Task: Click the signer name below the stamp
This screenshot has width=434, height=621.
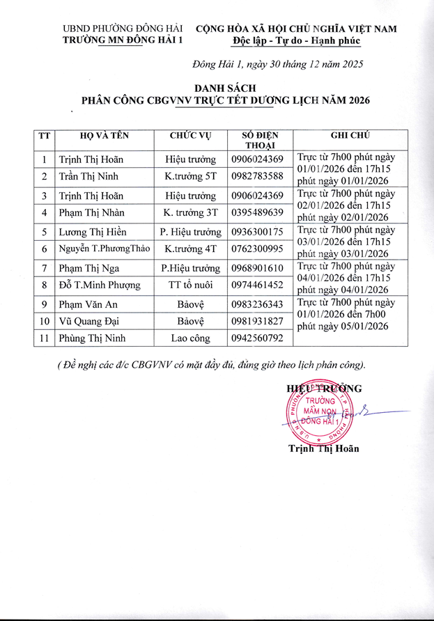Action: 324,448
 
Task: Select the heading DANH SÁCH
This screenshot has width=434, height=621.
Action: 225,88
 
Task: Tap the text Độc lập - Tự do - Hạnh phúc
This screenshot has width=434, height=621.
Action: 296,41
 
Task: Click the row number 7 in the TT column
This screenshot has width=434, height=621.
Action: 43,267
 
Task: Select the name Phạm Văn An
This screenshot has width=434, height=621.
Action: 85,303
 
